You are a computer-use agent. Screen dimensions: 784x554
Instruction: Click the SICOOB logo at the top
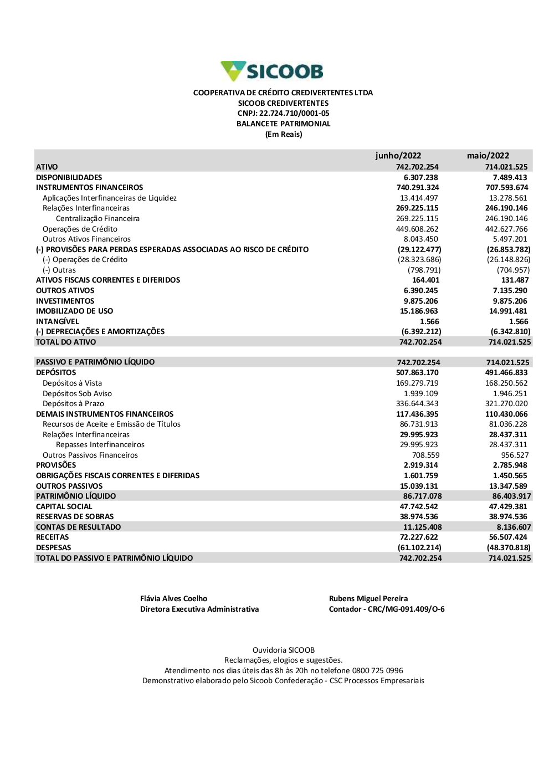[272, 71]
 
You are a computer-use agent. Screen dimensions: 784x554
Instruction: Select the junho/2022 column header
[398, 156]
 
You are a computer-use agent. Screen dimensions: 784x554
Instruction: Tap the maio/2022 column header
[488, 156]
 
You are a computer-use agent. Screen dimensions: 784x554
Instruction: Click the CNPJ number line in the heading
[283, 114]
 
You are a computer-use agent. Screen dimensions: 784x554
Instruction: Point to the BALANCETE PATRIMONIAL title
[283, 124]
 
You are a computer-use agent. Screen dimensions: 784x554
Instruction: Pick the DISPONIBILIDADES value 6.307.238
[420, 177]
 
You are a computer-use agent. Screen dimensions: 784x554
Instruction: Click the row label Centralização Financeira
[98, 219]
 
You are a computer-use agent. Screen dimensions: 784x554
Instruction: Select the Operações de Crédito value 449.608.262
[417, 229]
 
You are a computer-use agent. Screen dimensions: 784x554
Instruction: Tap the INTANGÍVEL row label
[58, 321]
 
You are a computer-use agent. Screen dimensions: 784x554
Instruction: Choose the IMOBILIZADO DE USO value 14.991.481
[508, 311]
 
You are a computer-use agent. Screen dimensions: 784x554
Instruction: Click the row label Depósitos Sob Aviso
[77, 393]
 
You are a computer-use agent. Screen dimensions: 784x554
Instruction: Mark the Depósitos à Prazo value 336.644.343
[417, 404]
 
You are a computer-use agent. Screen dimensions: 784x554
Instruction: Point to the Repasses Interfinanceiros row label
[100, 445]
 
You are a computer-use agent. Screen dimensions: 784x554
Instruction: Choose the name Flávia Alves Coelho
[173, 598]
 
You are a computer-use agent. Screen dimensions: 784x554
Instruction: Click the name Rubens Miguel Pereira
[368, 598]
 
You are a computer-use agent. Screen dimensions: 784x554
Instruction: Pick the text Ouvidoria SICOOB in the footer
[283, 650]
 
